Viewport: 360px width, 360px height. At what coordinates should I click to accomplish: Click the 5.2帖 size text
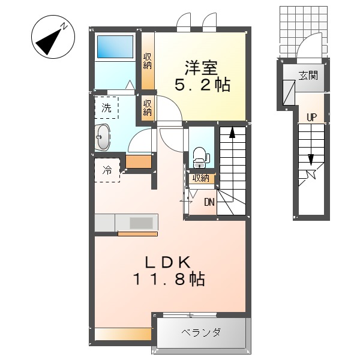202,85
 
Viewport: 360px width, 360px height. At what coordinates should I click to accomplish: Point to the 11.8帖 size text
169,280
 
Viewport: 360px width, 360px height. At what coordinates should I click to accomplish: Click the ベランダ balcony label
201,332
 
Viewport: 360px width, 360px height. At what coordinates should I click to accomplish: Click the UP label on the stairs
311,117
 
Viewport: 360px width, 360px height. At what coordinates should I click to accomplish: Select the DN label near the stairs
208,202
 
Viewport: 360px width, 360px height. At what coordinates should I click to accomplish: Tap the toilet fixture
199,156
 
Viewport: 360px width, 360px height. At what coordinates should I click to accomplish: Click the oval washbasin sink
103,139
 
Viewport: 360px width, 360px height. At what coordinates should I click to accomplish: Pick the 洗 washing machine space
106,109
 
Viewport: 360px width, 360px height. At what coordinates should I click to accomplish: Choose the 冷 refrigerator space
107,170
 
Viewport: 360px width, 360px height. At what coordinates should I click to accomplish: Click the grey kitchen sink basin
142,223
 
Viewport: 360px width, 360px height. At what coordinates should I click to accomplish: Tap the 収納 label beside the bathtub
147,61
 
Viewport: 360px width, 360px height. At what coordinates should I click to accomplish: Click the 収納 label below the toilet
200,178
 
